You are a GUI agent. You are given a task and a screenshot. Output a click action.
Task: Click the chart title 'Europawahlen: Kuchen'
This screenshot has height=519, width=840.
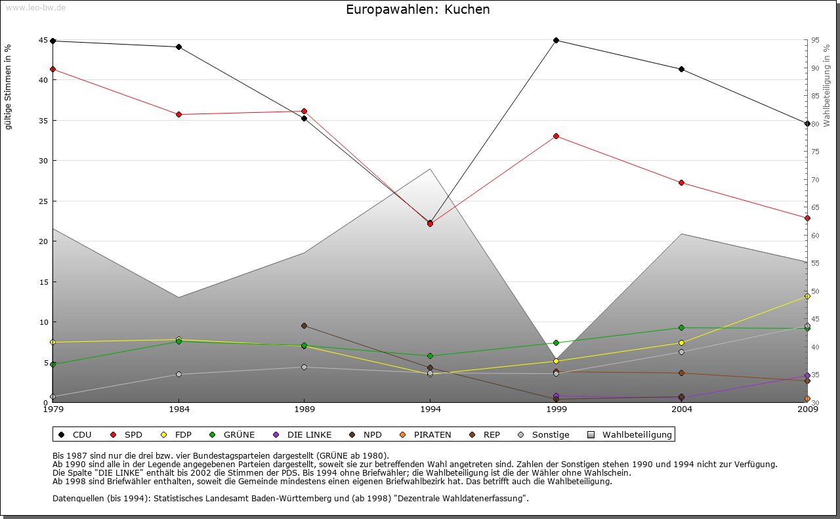[417, 10]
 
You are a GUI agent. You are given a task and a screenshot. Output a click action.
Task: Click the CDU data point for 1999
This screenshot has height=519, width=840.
[556, 40]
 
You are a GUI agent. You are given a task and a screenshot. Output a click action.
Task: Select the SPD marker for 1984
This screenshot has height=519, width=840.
[178, 114]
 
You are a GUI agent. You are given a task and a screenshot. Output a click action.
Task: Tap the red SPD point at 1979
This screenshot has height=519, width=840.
[52, 69]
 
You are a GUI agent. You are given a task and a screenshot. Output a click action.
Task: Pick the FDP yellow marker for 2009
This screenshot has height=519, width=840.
[807, 296]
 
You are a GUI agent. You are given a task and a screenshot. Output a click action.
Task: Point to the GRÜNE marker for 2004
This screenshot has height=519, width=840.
[682, 327]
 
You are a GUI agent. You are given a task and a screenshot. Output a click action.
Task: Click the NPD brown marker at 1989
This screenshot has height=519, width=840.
[304, 325]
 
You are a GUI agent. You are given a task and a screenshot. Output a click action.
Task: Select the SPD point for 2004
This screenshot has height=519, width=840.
[682, 182]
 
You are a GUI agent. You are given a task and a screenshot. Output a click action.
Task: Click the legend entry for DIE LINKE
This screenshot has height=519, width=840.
[309, 434]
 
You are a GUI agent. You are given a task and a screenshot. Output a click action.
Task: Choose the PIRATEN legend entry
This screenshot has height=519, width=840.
[432, 434]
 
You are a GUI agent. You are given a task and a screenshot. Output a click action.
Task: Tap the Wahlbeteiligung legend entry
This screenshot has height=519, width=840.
[637, 434]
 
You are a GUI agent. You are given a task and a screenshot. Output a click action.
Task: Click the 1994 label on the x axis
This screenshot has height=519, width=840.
[430, 409]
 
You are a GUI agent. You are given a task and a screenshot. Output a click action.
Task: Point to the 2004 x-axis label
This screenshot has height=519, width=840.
[682, 409]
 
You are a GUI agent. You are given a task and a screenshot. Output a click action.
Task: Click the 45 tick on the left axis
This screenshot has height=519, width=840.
[41, 40]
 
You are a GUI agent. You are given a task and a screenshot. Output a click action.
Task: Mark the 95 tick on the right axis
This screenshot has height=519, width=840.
[815, 40]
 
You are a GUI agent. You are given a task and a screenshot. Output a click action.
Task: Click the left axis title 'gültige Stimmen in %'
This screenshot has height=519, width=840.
[8, 87]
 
